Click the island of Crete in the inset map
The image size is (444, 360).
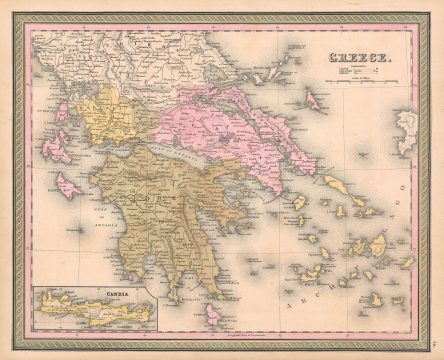click(95, 317)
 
